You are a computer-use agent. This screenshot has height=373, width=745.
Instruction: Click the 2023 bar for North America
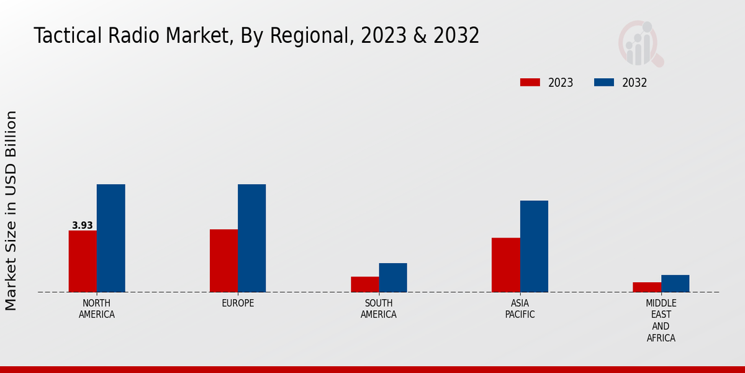coord(83,261)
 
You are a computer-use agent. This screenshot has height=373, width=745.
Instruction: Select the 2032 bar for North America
coord(111,238)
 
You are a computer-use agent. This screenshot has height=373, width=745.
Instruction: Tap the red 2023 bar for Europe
coord(223,260)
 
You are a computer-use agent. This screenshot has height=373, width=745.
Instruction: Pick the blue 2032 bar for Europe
coord(251,238)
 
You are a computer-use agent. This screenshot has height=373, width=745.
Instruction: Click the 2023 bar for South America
coord(364,284)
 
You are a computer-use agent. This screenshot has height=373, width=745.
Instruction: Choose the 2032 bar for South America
coord(393,277)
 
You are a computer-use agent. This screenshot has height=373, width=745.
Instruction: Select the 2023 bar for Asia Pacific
coord(505,265)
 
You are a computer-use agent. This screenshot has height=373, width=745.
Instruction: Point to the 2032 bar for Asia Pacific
coord(534,246)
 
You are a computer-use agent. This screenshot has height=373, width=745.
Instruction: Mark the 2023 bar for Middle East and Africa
coord(647,287)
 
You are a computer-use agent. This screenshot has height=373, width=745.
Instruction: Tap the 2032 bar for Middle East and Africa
coord(675,283)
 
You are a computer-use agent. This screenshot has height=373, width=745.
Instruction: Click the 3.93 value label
coord(82,226)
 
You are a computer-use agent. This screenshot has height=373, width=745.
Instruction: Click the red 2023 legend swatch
coord(530,83)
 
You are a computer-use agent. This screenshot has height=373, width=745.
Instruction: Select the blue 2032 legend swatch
coord(603,83)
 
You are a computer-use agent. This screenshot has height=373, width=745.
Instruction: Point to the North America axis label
coord(97,309)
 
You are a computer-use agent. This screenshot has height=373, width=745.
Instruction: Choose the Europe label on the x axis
coord(238,303)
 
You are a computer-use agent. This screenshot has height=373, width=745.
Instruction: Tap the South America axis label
coord(379,309)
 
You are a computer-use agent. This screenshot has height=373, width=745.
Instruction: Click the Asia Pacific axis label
coord(520,309)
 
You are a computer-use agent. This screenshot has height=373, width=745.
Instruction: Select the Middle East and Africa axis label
coord(661,321)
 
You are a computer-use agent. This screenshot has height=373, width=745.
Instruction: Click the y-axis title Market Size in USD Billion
coord(11,211)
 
